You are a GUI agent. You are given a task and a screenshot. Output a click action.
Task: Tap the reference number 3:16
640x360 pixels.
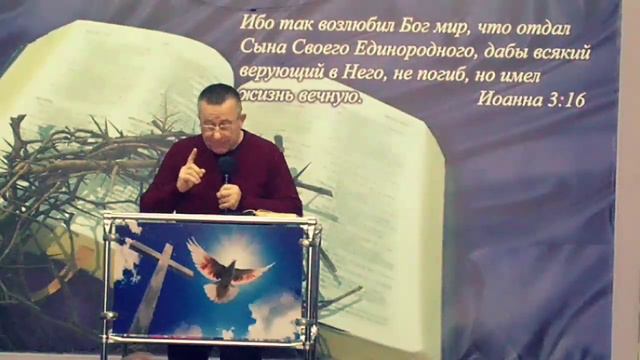coord(564,99)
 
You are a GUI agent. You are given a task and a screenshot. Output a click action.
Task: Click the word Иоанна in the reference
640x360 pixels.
coord(508,99)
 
